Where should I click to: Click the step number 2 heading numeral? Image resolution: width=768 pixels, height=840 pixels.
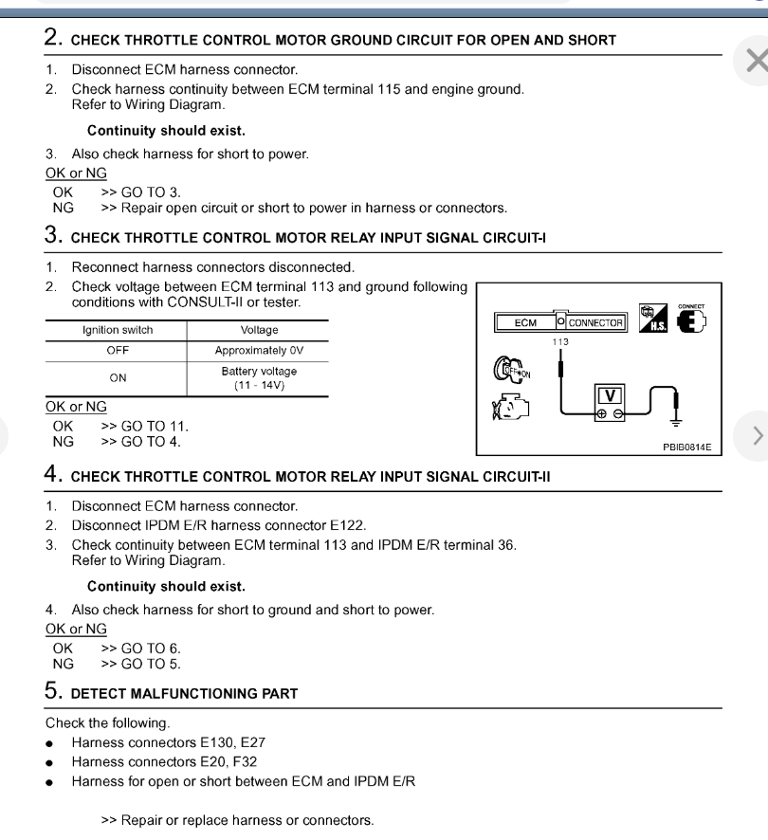click(x=53, y=39)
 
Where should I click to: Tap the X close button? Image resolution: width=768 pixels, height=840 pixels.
click(x=756, y=62)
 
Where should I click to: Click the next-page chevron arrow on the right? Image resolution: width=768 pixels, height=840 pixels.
click(x=756, y=436)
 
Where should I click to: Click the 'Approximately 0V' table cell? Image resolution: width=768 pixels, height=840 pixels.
click(x=257, y=349)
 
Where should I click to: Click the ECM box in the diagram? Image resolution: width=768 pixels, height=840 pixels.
click(x=525, y=322)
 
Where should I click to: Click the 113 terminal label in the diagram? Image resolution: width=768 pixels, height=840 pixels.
click(x=559, y=340)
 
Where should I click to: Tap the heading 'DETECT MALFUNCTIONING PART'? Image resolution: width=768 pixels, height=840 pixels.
click(x=184, y=693)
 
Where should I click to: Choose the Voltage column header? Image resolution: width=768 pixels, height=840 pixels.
click(x=257, y=330)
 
